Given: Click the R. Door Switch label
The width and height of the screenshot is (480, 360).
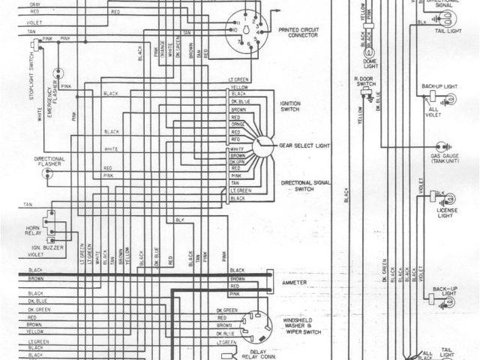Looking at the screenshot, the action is coord(365,81).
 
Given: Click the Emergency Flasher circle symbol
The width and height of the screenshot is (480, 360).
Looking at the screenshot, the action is coord(56,73).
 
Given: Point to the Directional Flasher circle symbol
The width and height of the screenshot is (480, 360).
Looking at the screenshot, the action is coord(46,175).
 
